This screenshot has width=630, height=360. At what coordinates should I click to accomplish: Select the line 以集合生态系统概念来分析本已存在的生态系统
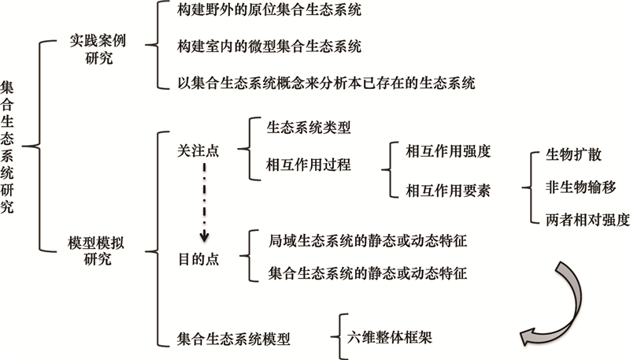(x=325, y=81)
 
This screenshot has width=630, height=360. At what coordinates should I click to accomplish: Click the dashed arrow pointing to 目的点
(x=204, y=201)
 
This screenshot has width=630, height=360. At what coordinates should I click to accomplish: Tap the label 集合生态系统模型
(x=234, y=340)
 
